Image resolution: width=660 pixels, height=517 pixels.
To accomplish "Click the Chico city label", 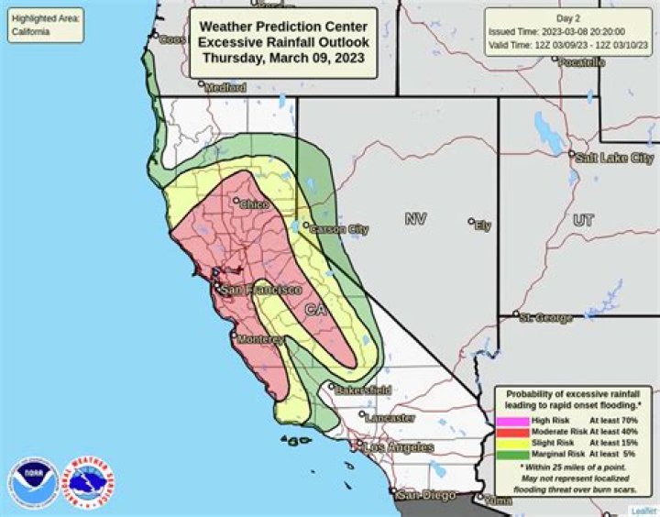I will coord(254,205).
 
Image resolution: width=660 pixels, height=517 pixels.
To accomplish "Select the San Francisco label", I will coord(262,289).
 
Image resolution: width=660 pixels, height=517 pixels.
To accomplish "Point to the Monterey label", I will coord(262,339).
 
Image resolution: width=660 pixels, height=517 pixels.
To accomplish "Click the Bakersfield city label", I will coord(364,390).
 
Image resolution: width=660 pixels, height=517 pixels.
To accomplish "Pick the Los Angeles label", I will coord(399,447).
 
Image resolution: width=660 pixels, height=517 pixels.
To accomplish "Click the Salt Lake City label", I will coord(614,158).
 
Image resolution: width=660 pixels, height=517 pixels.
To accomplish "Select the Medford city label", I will coord(225,88).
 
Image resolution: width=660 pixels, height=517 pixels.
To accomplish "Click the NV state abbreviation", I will coord(416,219).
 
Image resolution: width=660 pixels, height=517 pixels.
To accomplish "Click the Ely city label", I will coord(483,225).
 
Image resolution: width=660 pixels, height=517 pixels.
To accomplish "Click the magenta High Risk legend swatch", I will coord(513,421).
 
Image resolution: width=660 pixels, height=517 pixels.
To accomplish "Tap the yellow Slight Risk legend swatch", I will coord(513,443).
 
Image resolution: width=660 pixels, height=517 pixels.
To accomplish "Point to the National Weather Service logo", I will coord(87,481).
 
